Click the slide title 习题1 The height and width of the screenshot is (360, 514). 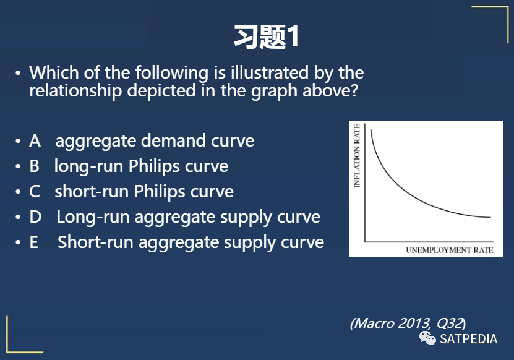(x=266, y=37)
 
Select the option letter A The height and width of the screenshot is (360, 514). (x=35, y=141)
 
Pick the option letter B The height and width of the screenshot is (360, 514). (x=35, y=166)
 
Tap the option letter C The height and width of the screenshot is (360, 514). (x=35, y=192)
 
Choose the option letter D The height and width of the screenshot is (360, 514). (x=35, y=217)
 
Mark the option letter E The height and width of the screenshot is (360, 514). (x=34, y=242)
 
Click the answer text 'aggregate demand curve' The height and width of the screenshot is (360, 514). (x=155, y=141)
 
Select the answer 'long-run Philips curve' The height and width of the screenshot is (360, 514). (x=141, y=166)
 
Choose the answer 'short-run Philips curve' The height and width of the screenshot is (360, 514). (x=144, y=192)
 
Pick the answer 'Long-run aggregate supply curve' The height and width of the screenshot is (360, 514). (x=188, y=217)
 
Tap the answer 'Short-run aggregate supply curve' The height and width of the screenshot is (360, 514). (x=191, y=242)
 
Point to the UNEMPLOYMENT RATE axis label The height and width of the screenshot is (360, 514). (x=449, y=251)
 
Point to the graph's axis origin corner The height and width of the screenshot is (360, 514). (x=366, y=241)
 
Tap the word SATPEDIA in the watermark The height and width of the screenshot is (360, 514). (x=468, y=339)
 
